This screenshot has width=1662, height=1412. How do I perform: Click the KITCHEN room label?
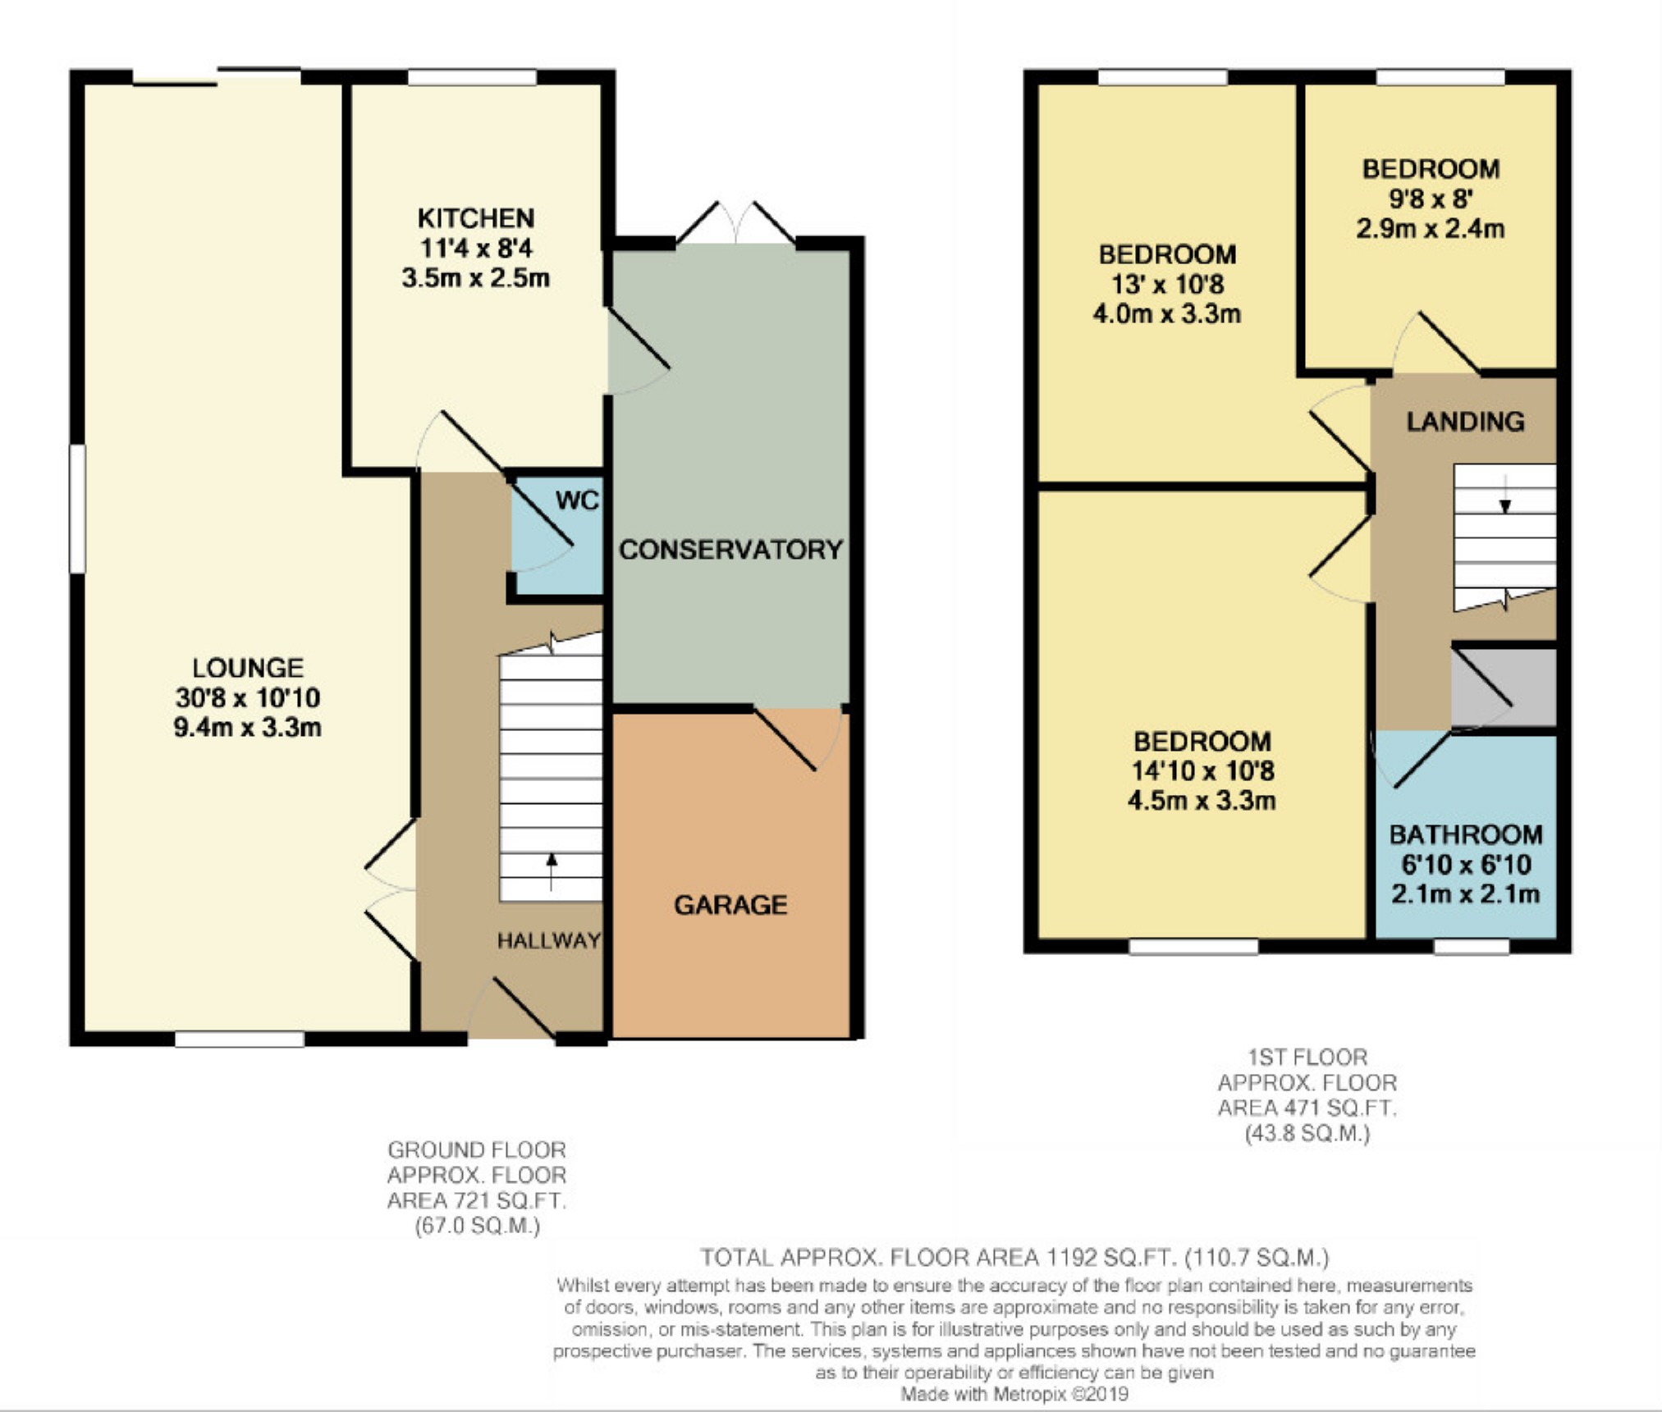pos(476,218)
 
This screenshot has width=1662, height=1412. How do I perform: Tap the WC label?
pos(577,500)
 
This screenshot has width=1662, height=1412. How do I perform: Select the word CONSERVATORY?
pos(730,550)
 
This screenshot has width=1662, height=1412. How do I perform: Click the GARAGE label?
pos(730,905)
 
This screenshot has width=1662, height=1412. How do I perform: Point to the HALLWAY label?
pos(549,941)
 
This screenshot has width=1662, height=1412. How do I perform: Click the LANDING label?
pos(1465,422)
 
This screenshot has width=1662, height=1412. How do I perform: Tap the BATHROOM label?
pos(1466,834)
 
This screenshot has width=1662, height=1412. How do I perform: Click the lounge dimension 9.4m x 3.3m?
pos(247,727)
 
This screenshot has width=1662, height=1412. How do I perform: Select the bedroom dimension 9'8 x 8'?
pos(1431,199)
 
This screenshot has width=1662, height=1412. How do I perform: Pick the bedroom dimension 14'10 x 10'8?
pos(1202,771)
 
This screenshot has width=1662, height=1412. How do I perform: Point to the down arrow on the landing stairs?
pos(1505,494)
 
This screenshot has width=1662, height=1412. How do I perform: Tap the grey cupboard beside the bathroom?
pos(1504,688)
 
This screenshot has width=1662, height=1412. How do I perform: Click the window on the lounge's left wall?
pos(77,509)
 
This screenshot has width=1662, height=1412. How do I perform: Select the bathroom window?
pos(1472,946)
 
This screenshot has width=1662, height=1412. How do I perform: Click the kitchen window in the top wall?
pos(473,77)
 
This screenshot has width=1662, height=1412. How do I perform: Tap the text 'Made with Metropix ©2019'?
pos(1014,1394)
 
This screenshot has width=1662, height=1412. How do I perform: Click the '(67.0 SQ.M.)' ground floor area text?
pos(477,1227)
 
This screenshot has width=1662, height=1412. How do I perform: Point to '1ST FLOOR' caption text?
pos(1307,1057)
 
